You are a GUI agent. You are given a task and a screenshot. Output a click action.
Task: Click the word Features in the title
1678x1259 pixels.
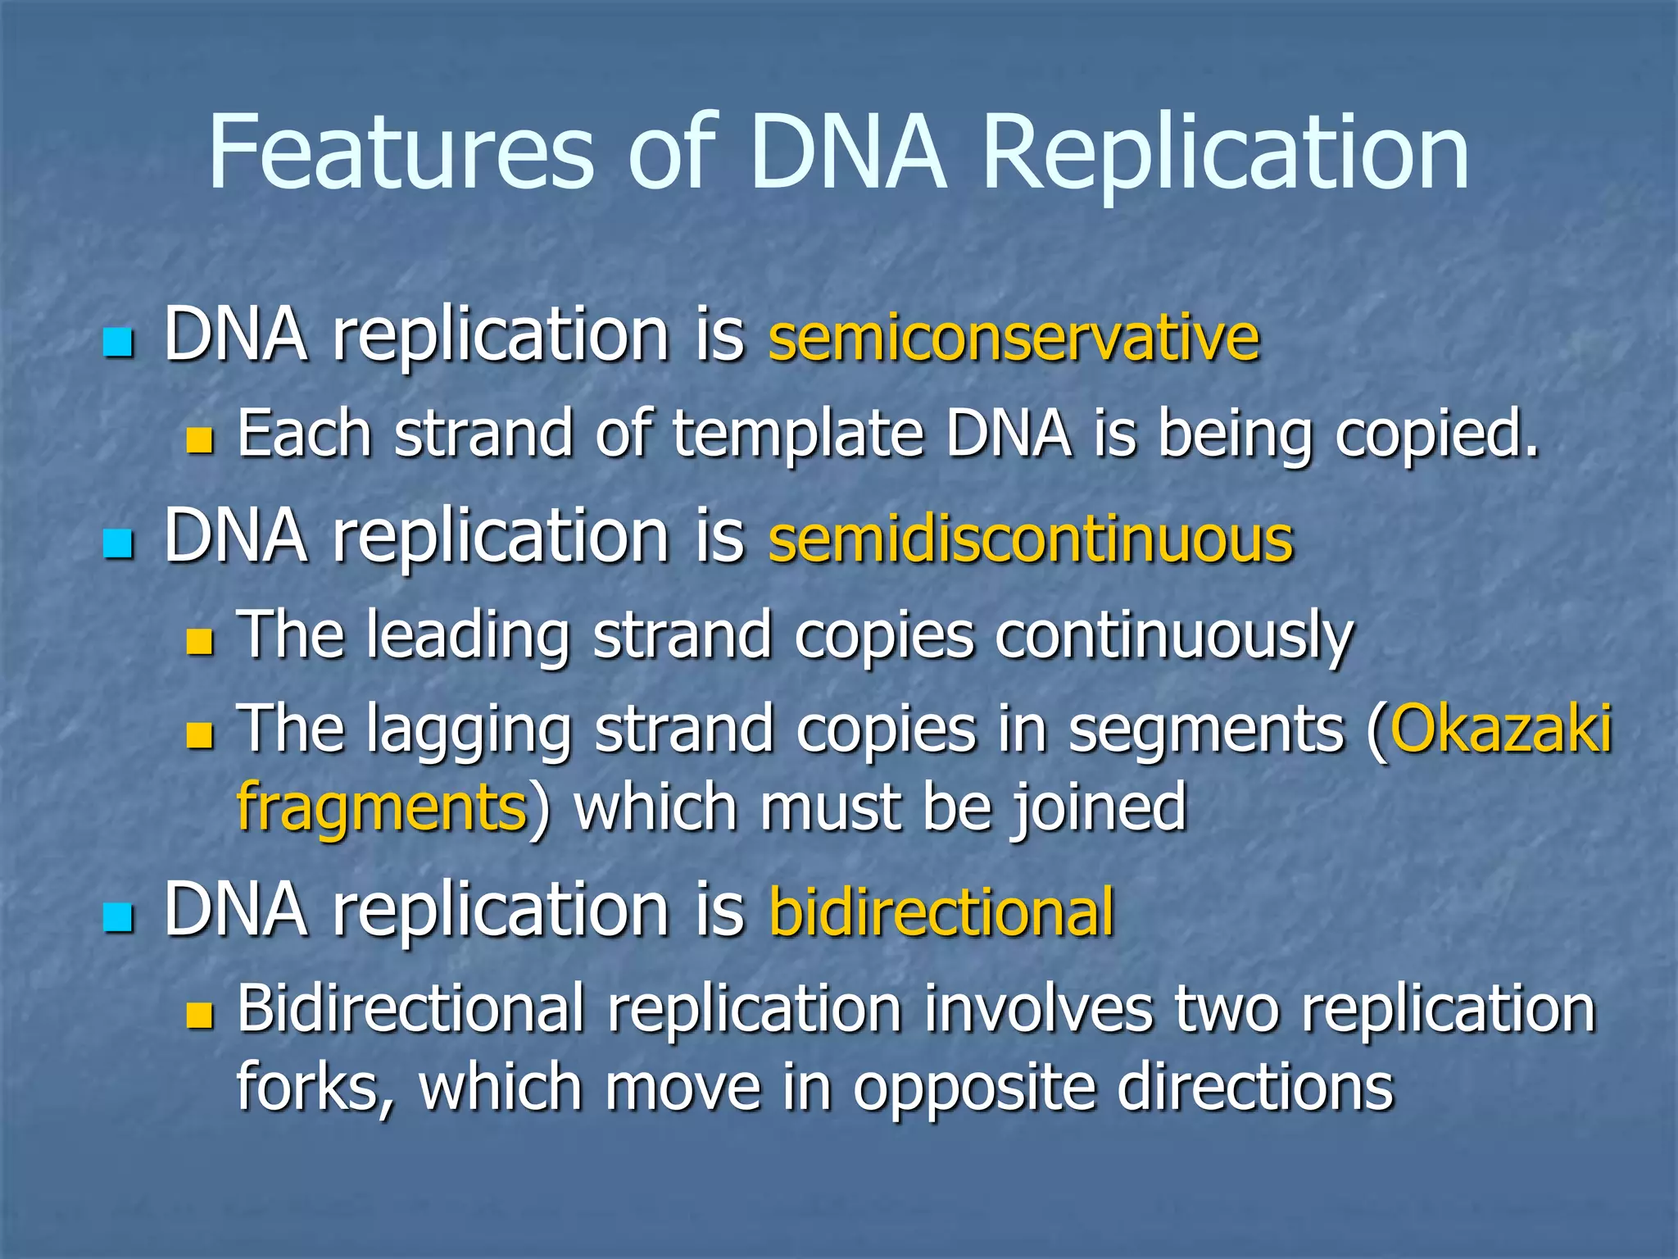click(400, 152)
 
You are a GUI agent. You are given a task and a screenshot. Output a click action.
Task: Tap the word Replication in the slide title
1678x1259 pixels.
click(1225, 153)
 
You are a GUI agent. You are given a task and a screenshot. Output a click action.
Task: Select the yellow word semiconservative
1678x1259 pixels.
click(1014, 338)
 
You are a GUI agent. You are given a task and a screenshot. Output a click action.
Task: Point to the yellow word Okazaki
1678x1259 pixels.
click(1501, 728)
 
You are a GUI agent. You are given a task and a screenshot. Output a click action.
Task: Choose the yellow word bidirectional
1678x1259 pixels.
click(942, 911)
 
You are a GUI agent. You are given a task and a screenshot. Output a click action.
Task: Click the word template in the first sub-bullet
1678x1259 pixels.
click(798, 434)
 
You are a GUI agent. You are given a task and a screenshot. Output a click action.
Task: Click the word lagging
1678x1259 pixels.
click(469, 729)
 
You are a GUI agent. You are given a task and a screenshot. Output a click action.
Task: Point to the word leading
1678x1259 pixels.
click(468, 635)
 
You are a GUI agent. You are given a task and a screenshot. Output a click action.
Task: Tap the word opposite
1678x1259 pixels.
click(974, 1089)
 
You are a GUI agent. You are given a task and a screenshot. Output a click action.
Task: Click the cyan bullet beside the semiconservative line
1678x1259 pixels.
click(119, 343)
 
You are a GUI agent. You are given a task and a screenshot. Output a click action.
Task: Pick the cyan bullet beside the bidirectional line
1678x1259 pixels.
click(119, 918)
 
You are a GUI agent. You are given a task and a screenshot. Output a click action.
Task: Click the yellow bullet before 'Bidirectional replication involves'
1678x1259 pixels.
click(199, 1015)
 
